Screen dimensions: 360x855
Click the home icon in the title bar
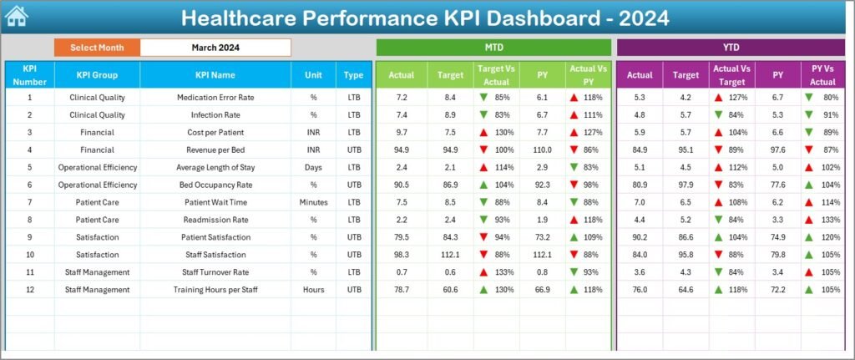[16, 17]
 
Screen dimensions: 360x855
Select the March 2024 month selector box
[215, 48]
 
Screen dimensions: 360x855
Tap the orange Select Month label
[97, 48]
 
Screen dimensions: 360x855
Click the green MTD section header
[493, 48]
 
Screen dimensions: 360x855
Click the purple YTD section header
[732, 48]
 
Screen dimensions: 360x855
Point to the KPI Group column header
[97, 75]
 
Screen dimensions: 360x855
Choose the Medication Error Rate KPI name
[215, 98]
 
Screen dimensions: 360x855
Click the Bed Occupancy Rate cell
[215, 185]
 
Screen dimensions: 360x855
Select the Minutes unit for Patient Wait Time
[313, 202]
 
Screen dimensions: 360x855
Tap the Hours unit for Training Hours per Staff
[313, 290]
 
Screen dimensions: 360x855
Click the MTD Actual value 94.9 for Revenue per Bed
[402, 150]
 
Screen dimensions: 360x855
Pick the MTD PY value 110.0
[543, 150]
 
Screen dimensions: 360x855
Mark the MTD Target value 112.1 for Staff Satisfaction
[450, 255]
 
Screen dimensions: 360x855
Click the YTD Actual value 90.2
[640, 237]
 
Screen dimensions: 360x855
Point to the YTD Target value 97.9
[686, 185]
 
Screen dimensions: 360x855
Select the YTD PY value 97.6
[778, 150]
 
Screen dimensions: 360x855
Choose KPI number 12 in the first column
[29, 290]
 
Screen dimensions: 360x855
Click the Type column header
[353, 75]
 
